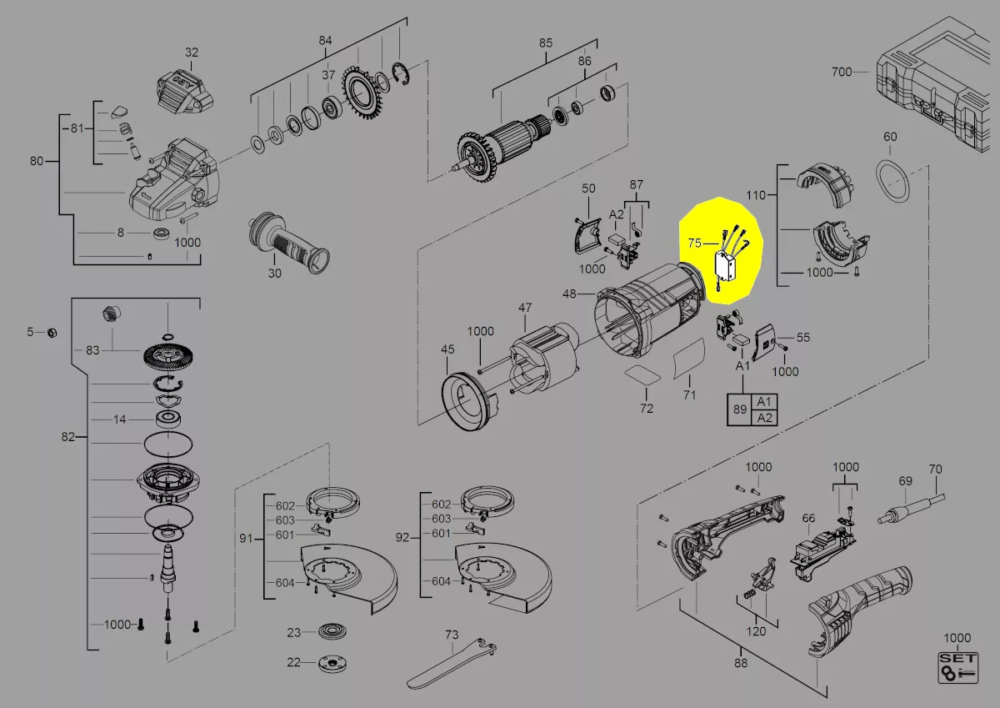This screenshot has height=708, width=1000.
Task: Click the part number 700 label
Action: [842, 72]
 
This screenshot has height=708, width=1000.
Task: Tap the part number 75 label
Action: [695, 243]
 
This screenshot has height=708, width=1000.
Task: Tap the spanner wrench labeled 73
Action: [452, 663]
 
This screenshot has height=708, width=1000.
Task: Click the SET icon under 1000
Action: [958, 668]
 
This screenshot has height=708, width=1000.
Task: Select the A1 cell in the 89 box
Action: [764, 402]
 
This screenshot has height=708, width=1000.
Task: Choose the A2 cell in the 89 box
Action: [764, 418]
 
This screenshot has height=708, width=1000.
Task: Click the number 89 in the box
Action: [740, 409]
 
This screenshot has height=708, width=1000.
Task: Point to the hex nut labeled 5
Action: [52, 333]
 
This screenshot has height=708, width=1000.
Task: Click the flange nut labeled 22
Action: [332, 664]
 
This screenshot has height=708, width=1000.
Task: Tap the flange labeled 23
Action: [333, 631]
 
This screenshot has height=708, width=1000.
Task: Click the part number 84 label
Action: [325, 41]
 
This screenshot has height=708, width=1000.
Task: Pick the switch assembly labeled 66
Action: [822, 553]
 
